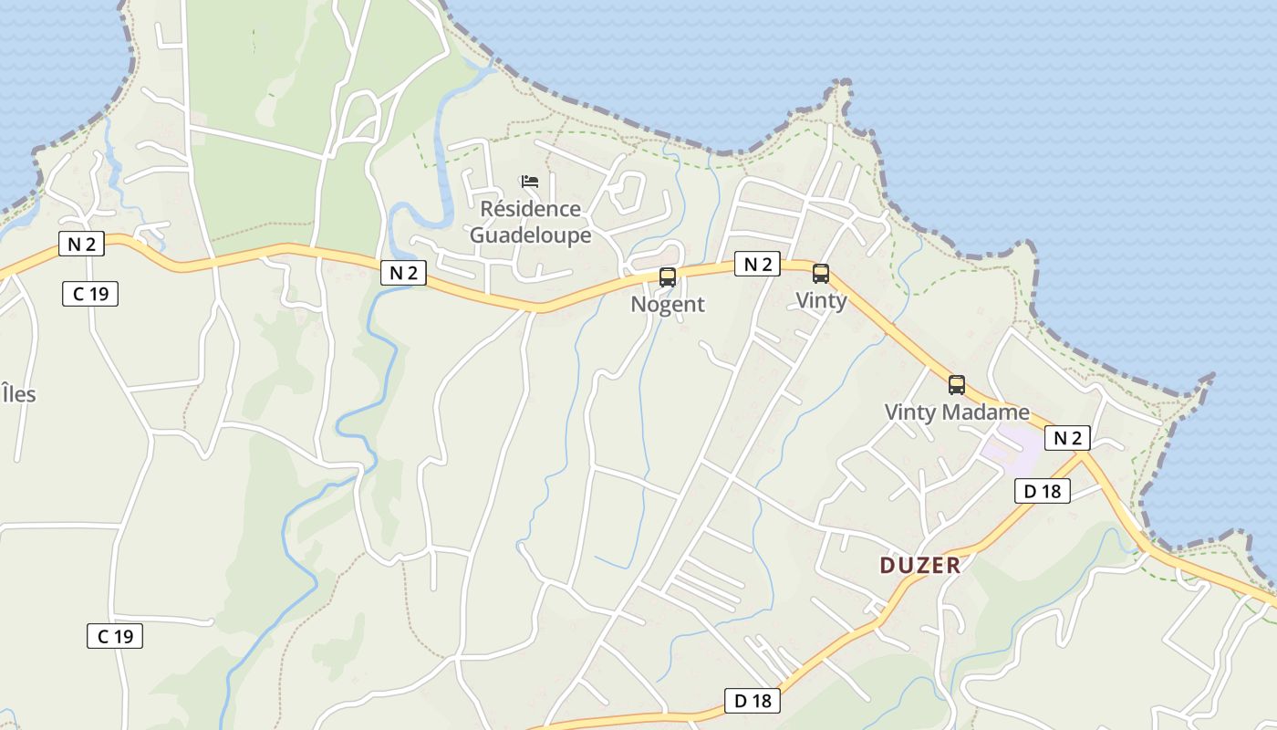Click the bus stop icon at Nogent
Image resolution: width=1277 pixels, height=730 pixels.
[668, 277]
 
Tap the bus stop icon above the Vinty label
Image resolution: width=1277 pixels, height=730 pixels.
[821, 274]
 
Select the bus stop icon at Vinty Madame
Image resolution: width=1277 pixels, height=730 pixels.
[957, 385]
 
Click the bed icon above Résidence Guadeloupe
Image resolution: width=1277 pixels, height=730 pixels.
[530, 182]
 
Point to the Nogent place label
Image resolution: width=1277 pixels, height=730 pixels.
[668, 305]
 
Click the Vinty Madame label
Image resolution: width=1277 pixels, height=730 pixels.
[956, 412]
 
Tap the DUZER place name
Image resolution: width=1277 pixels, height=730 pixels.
[920, 566]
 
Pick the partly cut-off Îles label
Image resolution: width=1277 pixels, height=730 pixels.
[18, 394]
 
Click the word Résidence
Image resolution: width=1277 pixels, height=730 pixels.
[530, 209]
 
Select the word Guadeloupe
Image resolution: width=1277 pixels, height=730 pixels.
[530, 235]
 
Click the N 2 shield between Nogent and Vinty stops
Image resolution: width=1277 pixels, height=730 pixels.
[758, 265]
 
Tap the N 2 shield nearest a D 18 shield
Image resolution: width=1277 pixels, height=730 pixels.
[1067, 438]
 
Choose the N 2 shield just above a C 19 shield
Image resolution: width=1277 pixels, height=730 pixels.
[81, 244]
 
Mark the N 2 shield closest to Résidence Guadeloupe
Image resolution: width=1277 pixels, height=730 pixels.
[403, 272]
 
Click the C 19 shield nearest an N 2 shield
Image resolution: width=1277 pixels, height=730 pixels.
[90, 294]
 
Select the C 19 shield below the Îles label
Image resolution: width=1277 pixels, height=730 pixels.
[115, 636]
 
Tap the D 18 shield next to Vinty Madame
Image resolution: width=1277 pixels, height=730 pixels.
[1042, 491]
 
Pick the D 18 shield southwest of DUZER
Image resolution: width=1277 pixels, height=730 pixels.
[753, 701]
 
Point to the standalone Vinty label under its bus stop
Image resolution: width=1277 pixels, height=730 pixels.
[821, 300]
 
